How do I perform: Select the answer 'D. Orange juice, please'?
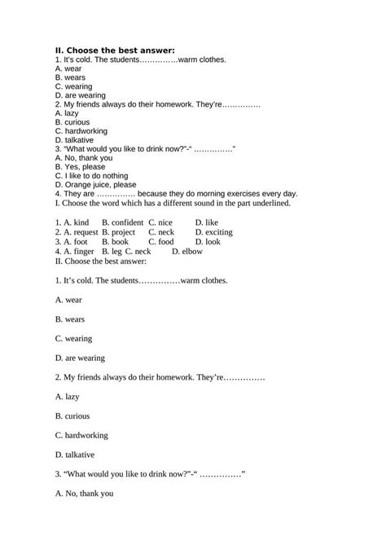point(95,185)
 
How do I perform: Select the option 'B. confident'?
point(122,222)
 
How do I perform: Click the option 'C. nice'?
point(160,222)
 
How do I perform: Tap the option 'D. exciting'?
point(214,232)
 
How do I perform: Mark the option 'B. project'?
point(121,232)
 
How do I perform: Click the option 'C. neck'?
point(162,232)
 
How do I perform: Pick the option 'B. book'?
point(116,242)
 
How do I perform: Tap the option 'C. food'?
point(161,242)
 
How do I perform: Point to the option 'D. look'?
point(208,242)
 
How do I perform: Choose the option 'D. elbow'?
point(187,252)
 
